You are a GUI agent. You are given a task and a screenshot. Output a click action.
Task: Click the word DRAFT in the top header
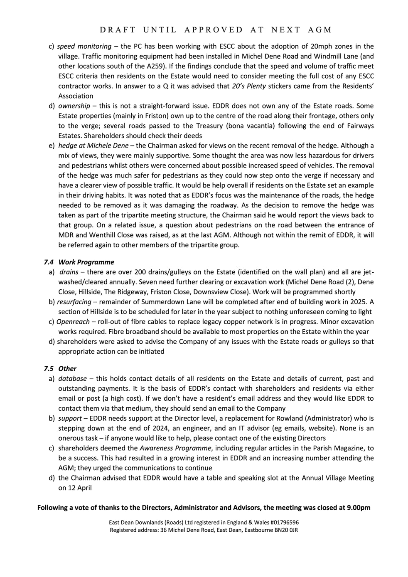tap(118, 30)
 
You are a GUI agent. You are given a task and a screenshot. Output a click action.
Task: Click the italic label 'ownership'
tap(74, 106)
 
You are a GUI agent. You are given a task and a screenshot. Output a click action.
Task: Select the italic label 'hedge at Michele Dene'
tap(93, 145)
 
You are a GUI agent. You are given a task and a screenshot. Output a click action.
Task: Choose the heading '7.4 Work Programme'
tap(79, 262)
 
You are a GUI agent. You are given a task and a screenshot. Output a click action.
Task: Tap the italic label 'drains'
tap(69, 272)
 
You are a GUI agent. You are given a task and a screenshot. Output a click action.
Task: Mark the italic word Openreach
tap(73, 322)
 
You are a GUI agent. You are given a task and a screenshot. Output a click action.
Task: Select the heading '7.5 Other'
tap(60, 368)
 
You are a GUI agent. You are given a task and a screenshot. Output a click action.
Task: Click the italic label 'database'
tap(72, 379)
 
